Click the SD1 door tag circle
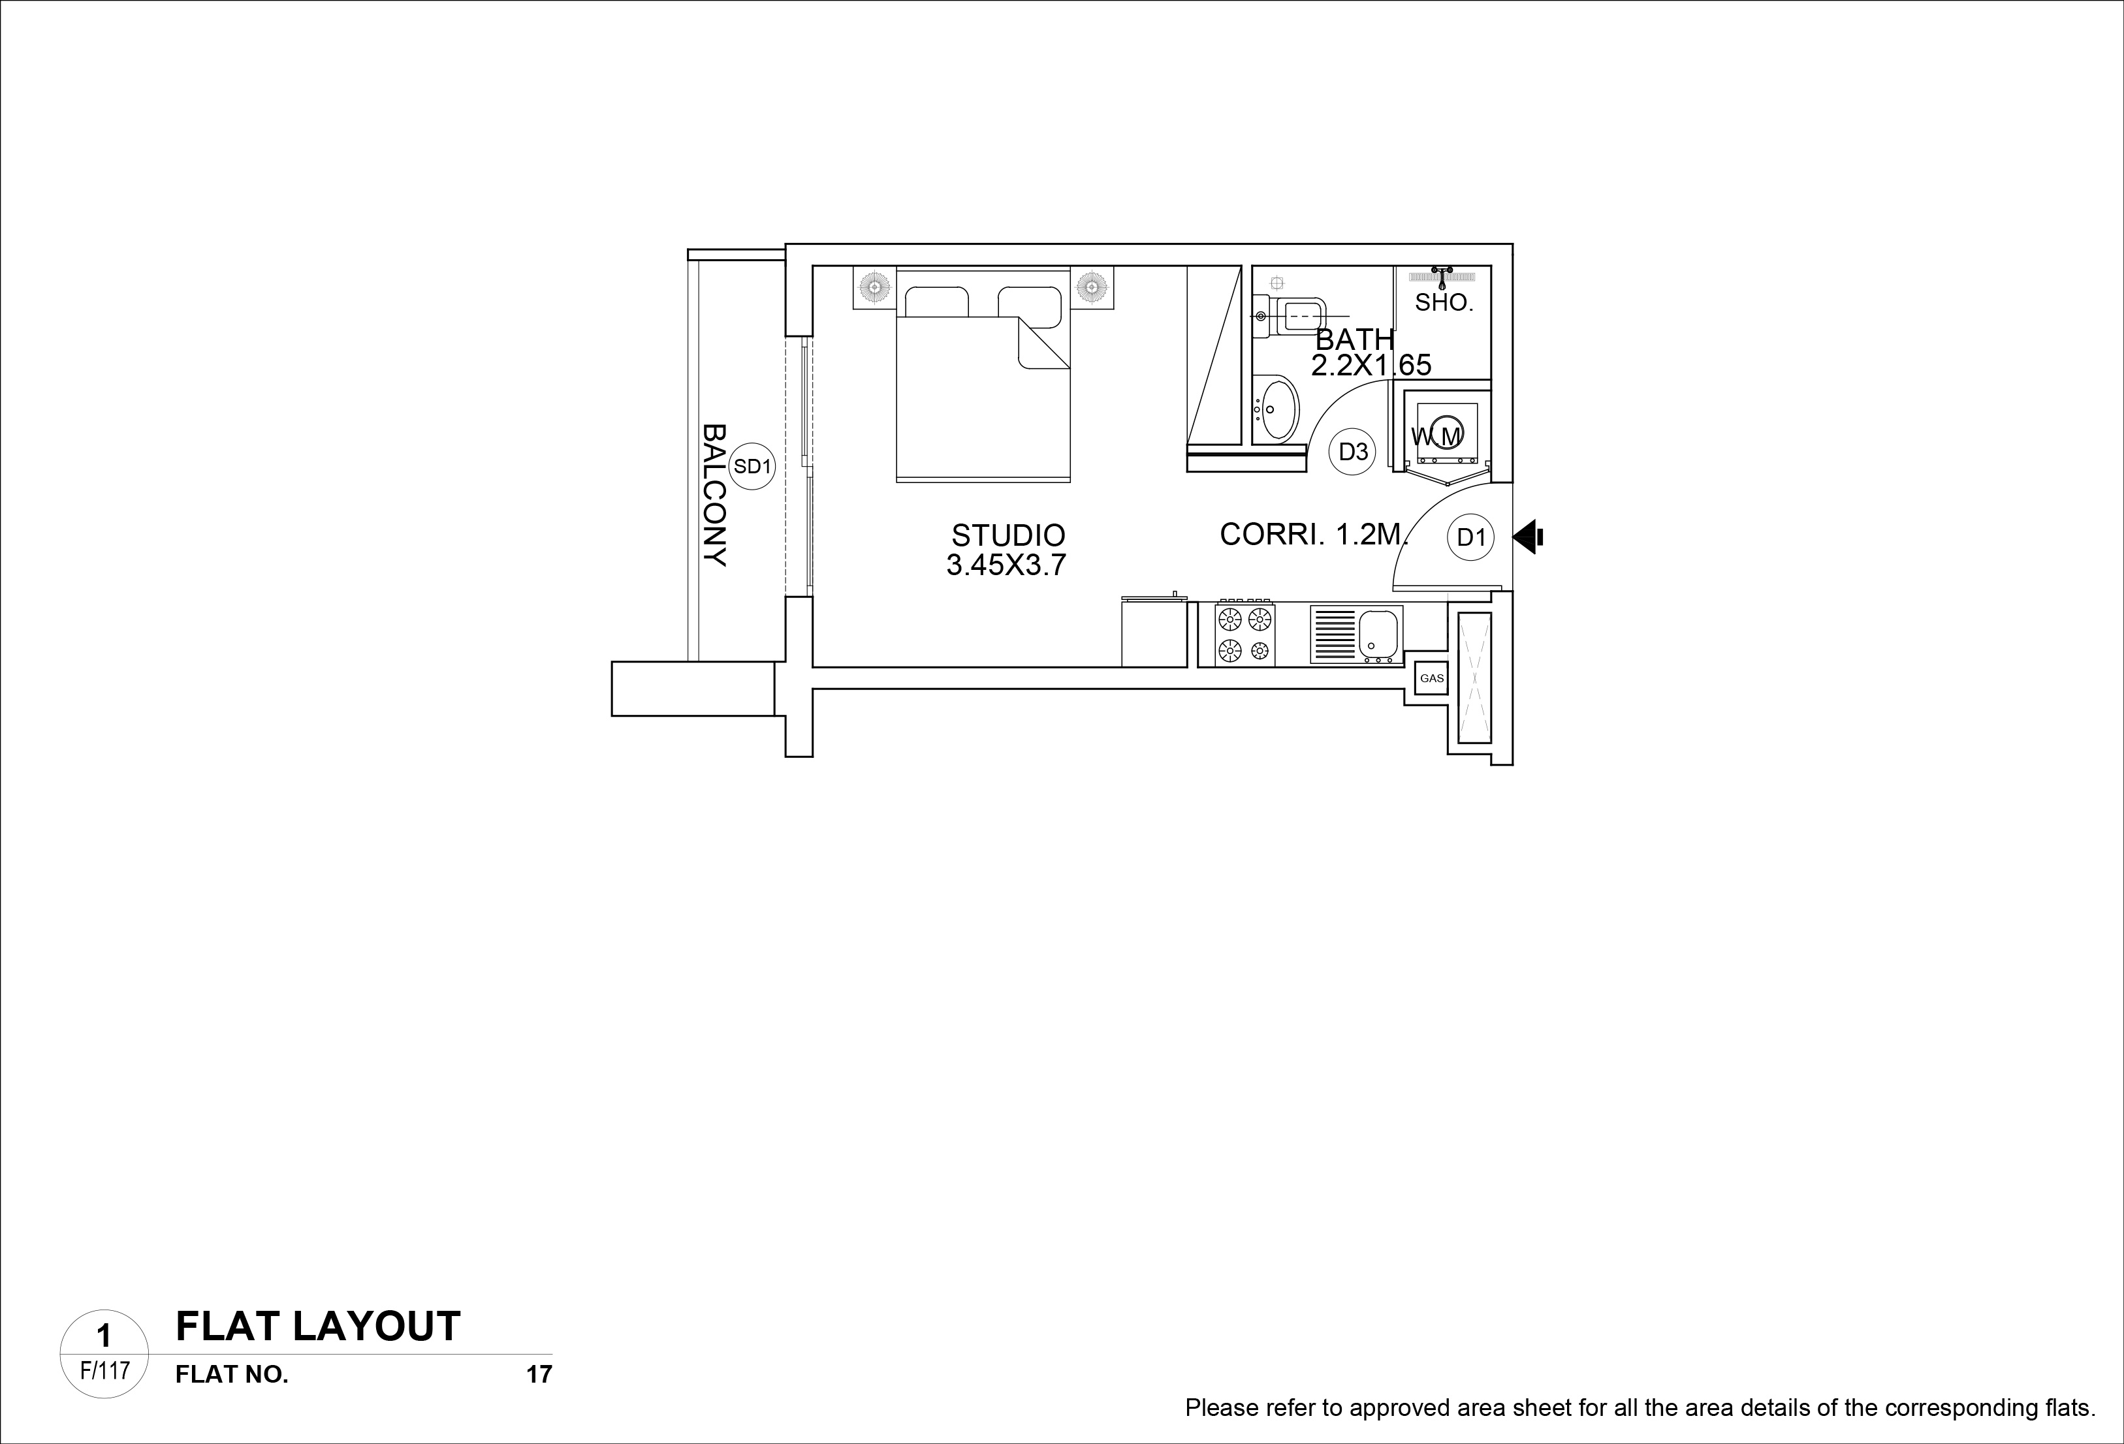(x=752, y=466)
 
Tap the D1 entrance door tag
(x=1470, y=537)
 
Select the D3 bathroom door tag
(x=1353, y=452)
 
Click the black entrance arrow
(x=1527, y=537)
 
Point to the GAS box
(x=1431, y=678)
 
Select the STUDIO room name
(x=1008, y=535)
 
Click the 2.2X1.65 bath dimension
(x=1371, y=366)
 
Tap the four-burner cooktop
(x=1244, y=635)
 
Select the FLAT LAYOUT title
(x=318, y=1326)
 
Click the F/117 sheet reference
(x=105, y=1371)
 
